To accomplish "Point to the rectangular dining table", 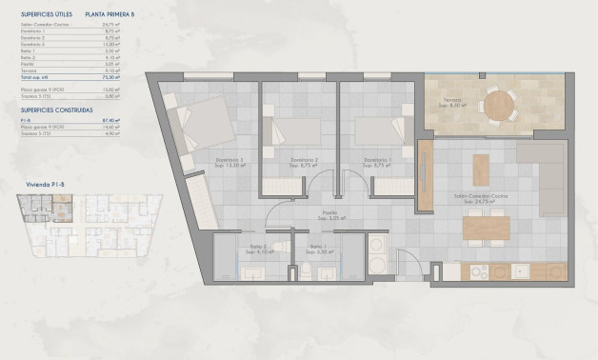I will [487, 228].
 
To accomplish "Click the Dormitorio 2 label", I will [304, 160].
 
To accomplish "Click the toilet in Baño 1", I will [307, 271].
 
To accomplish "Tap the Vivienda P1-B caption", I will [47, 180].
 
